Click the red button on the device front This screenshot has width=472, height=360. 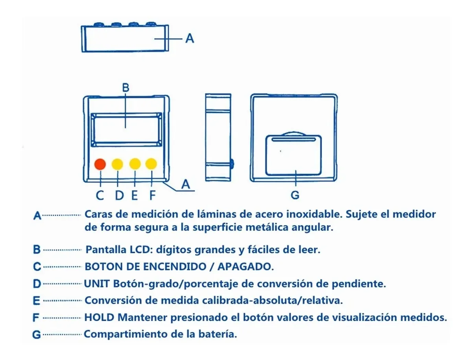pos(100,164)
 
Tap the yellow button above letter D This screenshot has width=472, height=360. pos(117,164)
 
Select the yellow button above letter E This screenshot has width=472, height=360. pos(135,164)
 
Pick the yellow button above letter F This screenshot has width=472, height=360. pos(151,164)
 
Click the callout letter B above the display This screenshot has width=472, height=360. pos(125,87)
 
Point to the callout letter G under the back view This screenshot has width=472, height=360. pos(295,195)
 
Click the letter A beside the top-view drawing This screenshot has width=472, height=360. pos(190,38)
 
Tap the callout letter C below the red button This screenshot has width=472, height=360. pos(100,195)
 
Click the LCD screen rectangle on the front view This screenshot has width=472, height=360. pos(126,130)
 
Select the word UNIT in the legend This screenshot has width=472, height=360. pos(96,284)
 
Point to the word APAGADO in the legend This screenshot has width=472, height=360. pos(245,267)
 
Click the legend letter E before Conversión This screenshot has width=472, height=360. pos(37,301)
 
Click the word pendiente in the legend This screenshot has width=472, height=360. pos(359,284)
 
